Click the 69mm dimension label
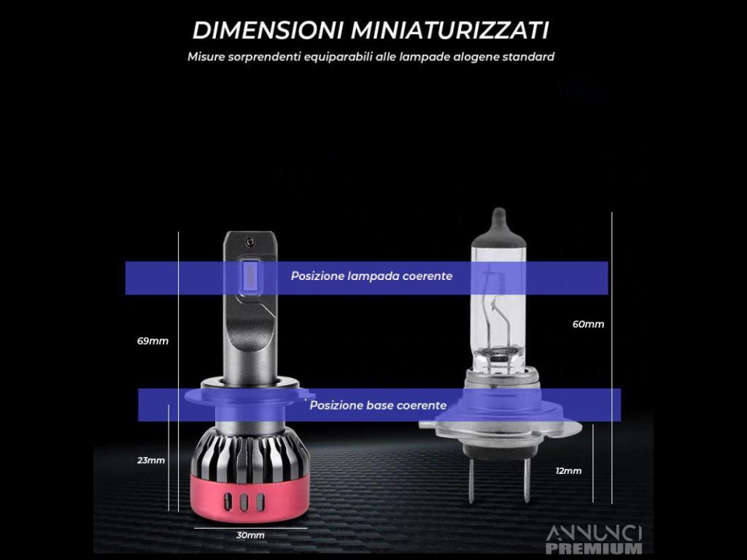tap(152, 341)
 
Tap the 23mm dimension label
tap(151, 461)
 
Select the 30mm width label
tap(250, 535)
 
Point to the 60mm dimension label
tap(589, 324)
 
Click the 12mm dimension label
tap(568, 471)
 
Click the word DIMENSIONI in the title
tap(268, 31)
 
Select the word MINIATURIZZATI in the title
tap(449, 31)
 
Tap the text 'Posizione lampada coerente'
tap(371, 276)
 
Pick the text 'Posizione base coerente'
tap(379, 405)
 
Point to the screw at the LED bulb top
tap(249, 243)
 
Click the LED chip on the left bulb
tap(249, 277)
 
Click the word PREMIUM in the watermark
tap(594, 548)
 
